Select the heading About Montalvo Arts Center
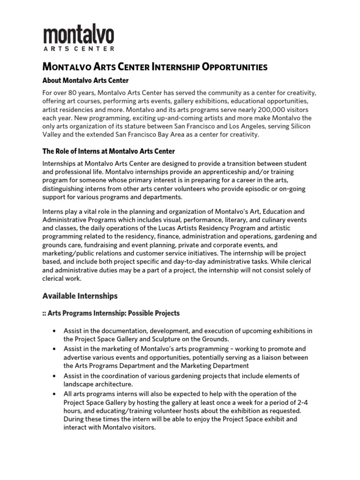[85, 81]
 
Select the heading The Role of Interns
[109, 151]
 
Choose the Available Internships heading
[80, 296]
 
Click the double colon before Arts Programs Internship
[45, 313]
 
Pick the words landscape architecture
[99, 384]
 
